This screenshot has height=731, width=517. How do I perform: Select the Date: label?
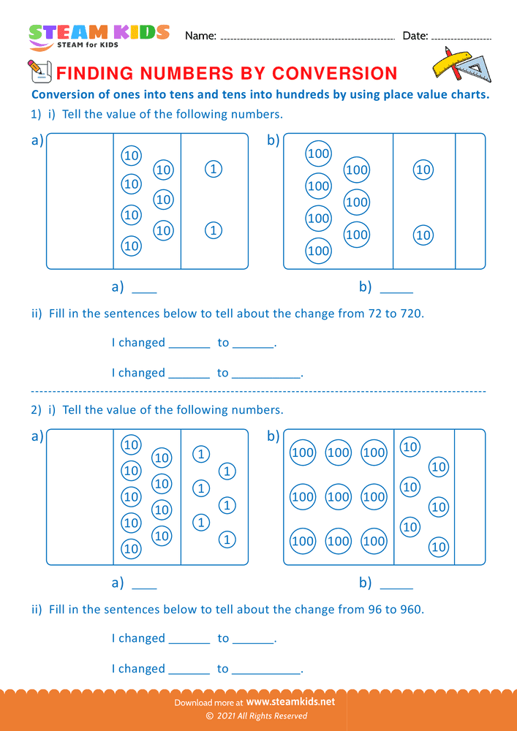pyautogui.click(x=415, y=36)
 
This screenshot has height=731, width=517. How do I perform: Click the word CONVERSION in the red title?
pyautogui.click(x=334, y=73)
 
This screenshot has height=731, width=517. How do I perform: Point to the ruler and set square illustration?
pyautogui.click(x=459, y=64)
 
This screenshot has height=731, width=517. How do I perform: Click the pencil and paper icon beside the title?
pyautogui.click(x=38, y=71)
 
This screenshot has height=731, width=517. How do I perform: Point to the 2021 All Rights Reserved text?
pyautogui.click(x=262, y=716)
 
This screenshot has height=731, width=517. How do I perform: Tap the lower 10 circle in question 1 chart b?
pyautogui.click(x=423, y=235)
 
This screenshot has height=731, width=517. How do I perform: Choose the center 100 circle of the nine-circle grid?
pyautogui.click(x=338, y=497)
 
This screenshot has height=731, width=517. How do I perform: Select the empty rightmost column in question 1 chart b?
pyautogui.click(x=470, y=201)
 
